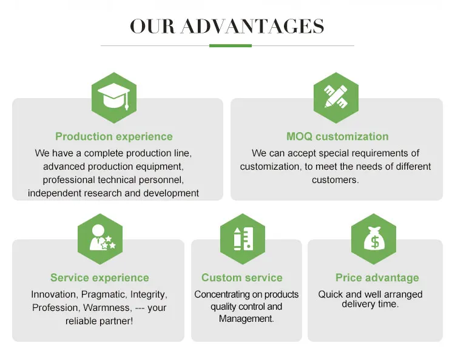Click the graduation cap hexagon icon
(113, 98)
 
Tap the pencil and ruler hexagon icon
(335, 98)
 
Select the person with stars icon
(100, 238)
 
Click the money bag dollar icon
(374, 238)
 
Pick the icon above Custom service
(242, 238)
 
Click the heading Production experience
(114, 137)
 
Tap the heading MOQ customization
(337, 137)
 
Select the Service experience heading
(99, 278)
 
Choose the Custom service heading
(242, 278)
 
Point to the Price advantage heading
(377, 278)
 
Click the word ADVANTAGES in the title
(252, 27)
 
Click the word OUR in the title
(152, 27)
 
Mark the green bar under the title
(230, 45)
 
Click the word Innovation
(54, 295)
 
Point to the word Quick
(331, 295)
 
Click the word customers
(334, 180)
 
